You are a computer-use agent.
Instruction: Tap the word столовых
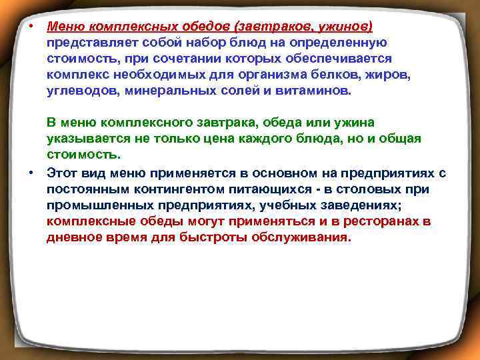[370, 189]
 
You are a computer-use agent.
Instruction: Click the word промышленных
[96, 205]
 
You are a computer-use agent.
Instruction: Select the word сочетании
[165, 58]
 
